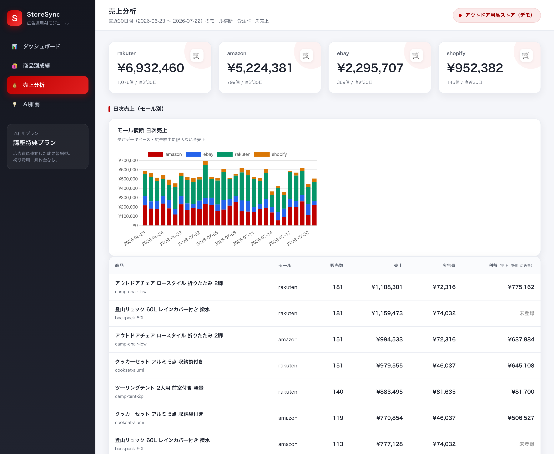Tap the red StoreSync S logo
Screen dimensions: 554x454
(x=15, y=18)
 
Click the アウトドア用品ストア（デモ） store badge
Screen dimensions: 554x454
(x=496, y=15)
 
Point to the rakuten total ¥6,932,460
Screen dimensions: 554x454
(x=151, y=68)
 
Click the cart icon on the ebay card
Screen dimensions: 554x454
(x=416, y=55)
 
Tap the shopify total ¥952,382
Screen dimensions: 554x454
(x=475, y=68)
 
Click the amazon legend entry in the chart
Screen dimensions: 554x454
(x=165, y=154)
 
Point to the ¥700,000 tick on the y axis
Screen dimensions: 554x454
(x=128, y=160)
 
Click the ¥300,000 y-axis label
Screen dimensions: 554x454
(x=128, y=197)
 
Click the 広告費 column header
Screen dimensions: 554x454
(x=449, y=265)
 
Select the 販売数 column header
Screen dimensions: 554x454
(x=336, y=265)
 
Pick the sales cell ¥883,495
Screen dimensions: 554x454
(x=389, y=392)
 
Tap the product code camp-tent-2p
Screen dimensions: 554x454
(x=129, y=396)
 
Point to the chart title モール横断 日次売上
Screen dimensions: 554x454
(x=142, y=130)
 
